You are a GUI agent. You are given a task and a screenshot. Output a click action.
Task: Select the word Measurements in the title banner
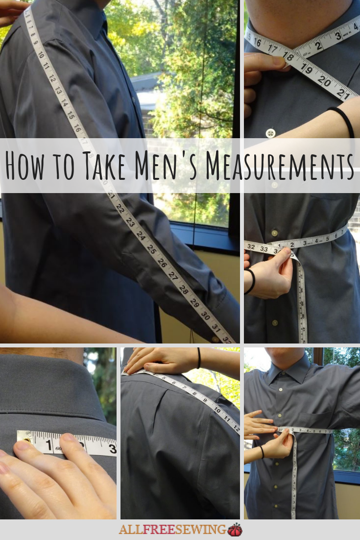pos(279,166)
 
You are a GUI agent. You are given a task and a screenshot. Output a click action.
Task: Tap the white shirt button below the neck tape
pos(270,133)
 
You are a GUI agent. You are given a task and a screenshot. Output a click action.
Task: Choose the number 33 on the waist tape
pos(264,249)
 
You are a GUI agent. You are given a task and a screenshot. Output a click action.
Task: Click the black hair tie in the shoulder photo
pos(199,358)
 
